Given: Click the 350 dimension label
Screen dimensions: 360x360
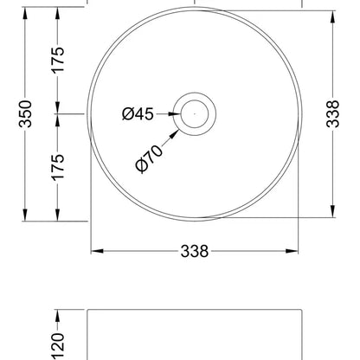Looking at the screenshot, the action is tap(25, 113).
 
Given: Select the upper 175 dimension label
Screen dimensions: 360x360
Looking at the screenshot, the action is tap(58, 60).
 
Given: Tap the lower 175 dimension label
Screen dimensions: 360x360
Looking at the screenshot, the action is tap(58, 168).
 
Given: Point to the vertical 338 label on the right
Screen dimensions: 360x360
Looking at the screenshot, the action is tap(333, 113).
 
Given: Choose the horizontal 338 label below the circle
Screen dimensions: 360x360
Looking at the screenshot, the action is tap(195, 251).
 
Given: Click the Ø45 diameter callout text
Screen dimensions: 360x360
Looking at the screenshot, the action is tap(138, 114).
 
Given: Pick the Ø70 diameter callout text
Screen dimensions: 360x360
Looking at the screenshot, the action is tap(149, 158).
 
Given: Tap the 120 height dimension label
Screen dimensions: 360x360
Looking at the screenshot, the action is tap(58, 345).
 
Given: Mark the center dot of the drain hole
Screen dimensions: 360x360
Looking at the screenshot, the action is tap(195, 114).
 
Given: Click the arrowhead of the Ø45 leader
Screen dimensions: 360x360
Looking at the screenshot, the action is tap(175, 114).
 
